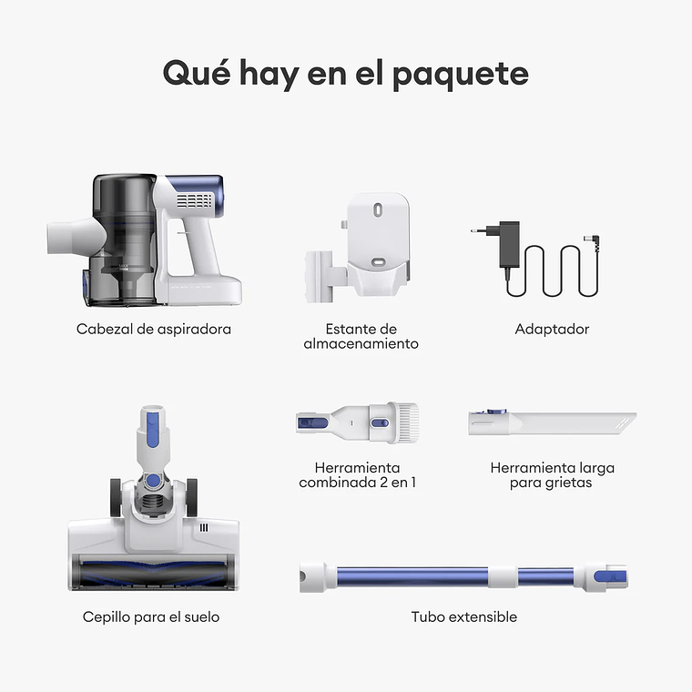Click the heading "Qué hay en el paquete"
345,73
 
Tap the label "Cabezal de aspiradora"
154,329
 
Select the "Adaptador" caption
552,329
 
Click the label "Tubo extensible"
463,616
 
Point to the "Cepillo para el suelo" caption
151,616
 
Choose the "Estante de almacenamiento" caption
361,336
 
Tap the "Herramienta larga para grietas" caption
552,474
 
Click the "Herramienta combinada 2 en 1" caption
357,474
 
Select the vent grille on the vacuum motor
194,199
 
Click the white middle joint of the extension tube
499,576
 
